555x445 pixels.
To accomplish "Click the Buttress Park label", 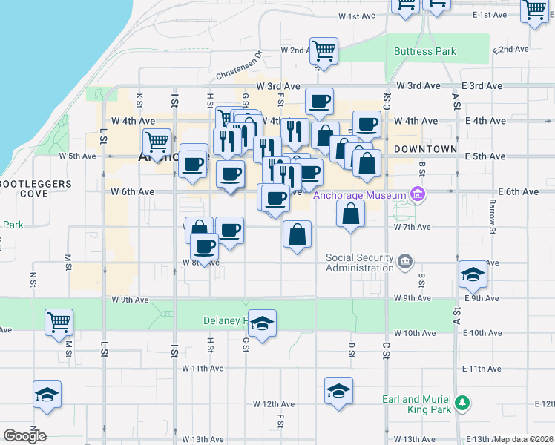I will (x=425, y=52).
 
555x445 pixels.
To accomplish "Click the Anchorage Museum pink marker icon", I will (x=418, y=195).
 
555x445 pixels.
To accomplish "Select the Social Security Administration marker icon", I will (x=405, y=261).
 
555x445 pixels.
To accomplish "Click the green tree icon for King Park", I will (x=463, y=403).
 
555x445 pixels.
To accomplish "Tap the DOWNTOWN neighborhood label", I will (x=424, y=149).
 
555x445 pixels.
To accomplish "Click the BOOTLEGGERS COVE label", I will (x=36, y=188).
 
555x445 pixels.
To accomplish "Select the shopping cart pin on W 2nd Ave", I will (x=324, y=51).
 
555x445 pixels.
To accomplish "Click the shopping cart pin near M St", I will (x=59, y=322).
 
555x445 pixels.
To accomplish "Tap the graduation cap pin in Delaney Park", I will (x=262, y=323).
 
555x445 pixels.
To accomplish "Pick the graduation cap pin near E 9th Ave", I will (x=473, y=274).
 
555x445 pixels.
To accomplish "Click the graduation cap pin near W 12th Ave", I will (x=338, y=391).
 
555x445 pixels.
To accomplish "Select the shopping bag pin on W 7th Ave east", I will (x=350, y=214).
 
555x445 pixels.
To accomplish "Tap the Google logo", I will (x=24, y=436).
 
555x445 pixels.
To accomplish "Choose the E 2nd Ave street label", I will (x=512, y=49).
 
